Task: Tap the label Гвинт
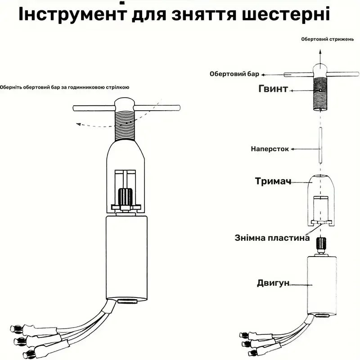[x=273, y=89]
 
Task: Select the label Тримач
[x=273, y=181]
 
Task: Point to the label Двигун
[x=272, y=283]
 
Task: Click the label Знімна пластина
[x=272, y=238]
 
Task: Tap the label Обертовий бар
[x=234, y=74]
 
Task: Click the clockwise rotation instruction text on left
[x=66, y=88]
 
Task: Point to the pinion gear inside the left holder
[x=125, y=196]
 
